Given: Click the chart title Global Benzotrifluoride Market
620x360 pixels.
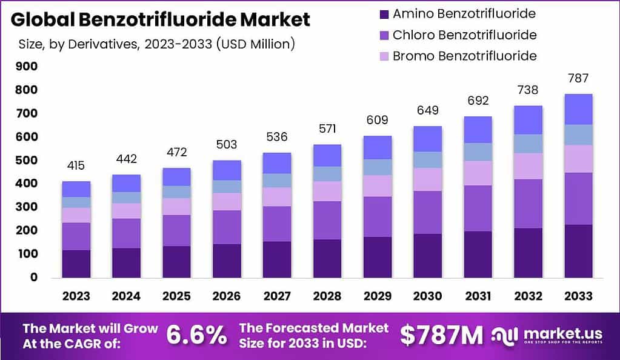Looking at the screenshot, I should (x=161, y=19).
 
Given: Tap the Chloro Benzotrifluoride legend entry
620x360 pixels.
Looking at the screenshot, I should (x=464, y=35).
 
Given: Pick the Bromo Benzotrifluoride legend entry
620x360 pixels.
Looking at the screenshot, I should (x=464, y=56).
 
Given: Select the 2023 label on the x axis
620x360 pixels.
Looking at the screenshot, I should (x=76, y=296).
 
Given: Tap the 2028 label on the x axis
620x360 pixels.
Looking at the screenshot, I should (x=327, y=296).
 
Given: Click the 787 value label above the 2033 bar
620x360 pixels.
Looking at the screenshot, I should (x=578, y=78).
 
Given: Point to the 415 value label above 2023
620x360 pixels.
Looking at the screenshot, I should (x=76, y=165).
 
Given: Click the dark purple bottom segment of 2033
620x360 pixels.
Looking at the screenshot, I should (x=578, y=251).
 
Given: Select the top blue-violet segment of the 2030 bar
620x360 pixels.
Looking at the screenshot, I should (x=428, y=139).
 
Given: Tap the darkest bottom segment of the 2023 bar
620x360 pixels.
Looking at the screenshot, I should (x=76, y=264).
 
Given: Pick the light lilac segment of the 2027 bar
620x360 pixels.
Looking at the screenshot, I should (x=277, y=196).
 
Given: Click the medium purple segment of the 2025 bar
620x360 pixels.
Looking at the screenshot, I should (x=176, y=230).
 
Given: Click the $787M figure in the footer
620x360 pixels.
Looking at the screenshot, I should (x=442, y=335).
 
